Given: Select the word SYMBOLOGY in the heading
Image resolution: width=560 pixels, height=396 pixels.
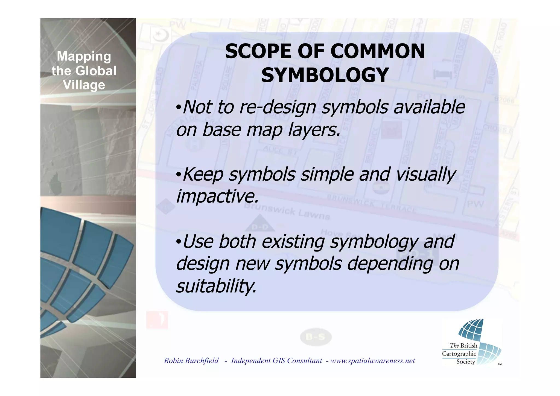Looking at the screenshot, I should tap(325, 75).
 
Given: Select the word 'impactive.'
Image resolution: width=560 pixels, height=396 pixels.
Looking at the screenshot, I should tap(217, 197).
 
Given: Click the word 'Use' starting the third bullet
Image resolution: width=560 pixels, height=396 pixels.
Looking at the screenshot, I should tap(198, 241).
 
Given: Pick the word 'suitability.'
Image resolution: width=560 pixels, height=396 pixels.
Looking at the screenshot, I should tap(216, 286).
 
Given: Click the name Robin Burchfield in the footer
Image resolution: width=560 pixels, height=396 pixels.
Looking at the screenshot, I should tap(191, 361).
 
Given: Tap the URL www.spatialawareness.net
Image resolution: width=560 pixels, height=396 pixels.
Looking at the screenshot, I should tap(372, 361).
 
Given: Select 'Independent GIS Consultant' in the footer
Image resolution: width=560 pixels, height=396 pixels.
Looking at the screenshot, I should tap(276, 361).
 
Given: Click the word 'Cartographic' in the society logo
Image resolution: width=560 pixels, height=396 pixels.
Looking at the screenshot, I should tap(459, 354).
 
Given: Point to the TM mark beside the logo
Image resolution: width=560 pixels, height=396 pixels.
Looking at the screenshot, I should tap(500, 364).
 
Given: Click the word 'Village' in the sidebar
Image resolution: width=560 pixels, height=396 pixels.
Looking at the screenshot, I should tap(84, 85).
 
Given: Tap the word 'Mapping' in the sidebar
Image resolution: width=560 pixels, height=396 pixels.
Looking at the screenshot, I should tap(84, 56).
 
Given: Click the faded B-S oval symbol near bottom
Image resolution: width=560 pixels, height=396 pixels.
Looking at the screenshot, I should tap(316, 337).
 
